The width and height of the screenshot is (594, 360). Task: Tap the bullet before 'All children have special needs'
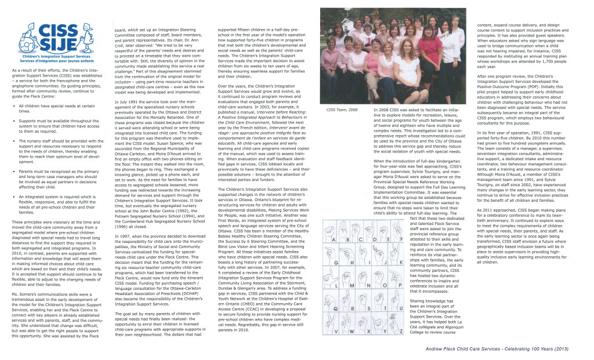click(13, 106)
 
